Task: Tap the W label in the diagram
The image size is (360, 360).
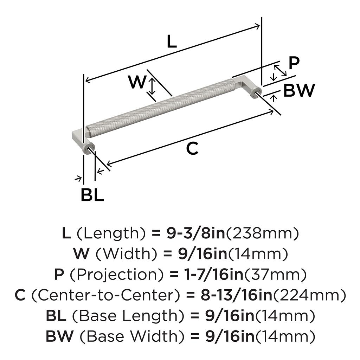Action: point(137,82)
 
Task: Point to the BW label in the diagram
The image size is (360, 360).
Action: point(299,90)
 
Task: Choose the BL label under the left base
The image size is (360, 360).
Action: point(92,195)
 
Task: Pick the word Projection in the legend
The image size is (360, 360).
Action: point(117,275)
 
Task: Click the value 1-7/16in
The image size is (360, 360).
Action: point(214,274)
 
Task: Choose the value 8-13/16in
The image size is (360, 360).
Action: point(237,295)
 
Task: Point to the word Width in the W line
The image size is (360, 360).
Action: point(126,253)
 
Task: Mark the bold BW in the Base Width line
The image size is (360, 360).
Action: point(59,336)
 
